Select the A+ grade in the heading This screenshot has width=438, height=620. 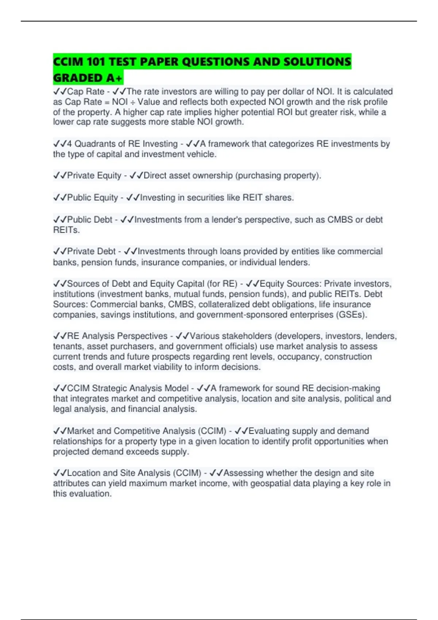point(114,78)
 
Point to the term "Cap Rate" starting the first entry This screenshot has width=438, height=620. point(85,92)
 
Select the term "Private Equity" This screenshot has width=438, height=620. point(94,175)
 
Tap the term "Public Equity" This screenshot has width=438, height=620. point(92,198)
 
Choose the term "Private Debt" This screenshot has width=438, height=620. point(91,251)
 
